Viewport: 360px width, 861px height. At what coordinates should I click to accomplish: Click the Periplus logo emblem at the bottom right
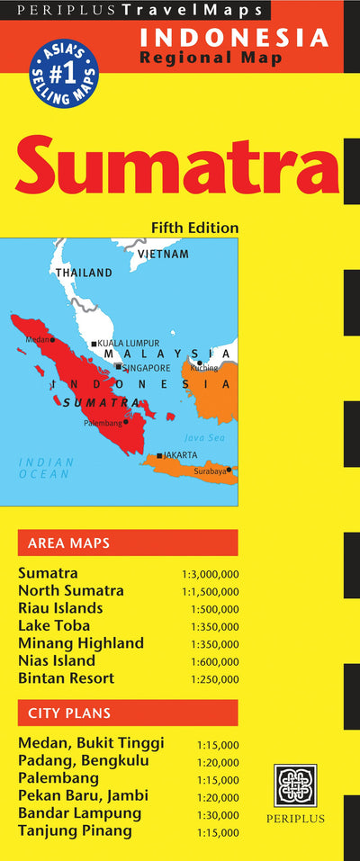295,785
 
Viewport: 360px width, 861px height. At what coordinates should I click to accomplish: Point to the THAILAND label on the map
84,273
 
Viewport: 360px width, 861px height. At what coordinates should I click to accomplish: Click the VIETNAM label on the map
163,254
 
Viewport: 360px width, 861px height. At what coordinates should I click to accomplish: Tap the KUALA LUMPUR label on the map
128,343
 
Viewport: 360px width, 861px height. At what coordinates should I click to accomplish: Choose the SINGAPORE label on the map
146,367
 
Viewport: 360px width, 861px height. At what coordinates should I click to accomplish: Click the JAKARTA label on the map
180,455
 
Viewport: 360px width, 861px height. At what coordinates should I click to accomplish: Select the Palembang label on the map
102,423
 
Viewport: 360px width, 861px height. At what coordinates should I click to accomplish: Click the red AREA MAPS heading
69,543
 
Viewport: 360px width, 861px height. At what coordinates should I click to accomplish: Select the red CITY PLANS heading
69,713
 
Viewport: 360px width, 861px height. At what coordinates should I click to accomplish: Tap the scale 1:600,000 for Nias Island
215,661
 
